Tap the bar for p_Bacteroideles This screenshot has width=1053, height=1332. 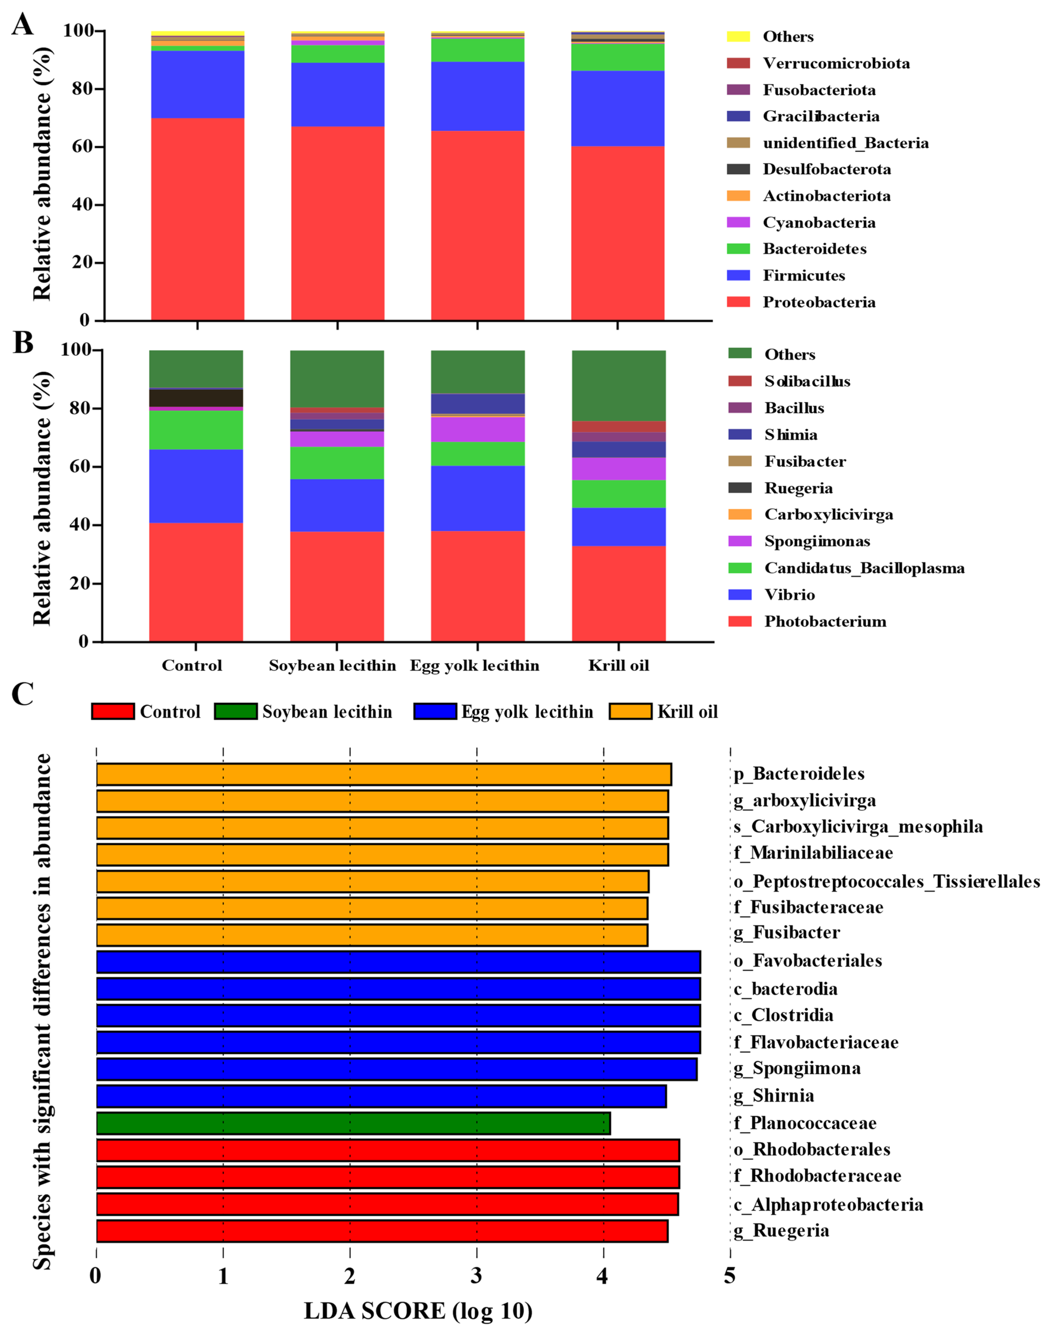click(x=383, y=774)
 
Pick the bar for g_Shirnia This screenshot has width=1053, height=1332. click(x=381, y=1096)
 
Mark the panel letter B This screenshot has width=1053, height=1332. click(x=23, y=343)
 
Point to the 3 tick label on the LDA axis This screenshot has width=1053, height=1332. click(x=476, y=1275)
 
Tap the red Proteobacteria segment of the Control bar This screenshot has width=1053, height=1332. click(x=197, y=219)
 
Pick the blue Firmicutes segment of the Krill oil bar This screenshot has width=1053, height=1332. click(x=618, y=109)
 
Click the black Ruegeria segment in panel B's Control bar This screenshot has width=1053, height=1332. click(x=196, y=398)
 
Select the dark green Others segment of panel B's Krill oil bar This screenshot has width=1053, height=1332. click(x=619, y=385)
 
